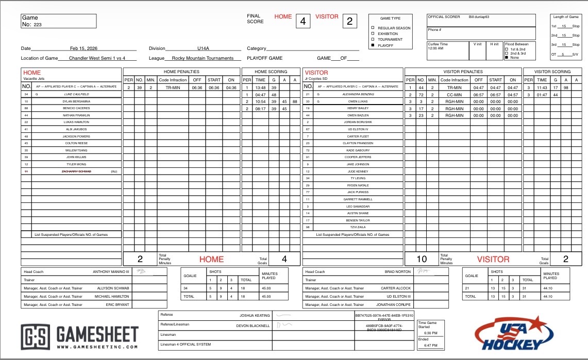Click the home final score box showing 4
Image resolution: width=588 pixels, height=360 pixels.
click(303, 21)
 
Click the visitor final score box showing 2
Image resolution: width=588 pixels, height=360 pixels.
click(350, 21)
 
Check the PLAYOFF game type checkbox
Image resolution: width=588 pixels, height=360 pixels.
click(373, 46)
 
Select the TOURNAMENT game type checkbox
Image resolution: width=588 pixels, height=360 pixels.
click(373, 40)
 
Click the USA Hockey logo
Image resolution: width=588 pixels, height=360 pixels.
click(516, 333)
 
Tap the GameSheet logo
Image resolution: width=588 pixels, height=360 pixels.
click(80, 338)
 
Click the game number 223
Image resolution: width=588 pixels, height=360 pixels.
click(38, 24)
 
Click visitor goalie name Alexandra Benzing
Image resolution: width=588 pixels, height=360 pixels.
click(358, 95)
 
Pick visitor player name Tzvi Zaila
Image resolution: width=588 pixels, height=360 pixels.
click(358, 227)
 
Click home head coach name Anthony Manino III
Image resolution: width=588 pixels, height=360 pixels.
click(111, 272)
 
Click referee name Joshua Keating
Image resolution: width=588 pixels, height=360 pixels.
click(255, 315)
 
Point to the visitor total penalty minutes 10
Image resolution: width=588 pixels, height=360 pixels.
click(422, 259)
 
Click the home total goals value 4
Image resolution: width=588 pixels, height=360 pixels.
click(283, 259)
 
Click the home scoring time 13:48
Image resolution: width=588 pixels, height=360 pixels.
click(261, 88)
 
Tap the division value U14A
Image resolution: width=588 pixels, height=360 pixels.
click(203, 48)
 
